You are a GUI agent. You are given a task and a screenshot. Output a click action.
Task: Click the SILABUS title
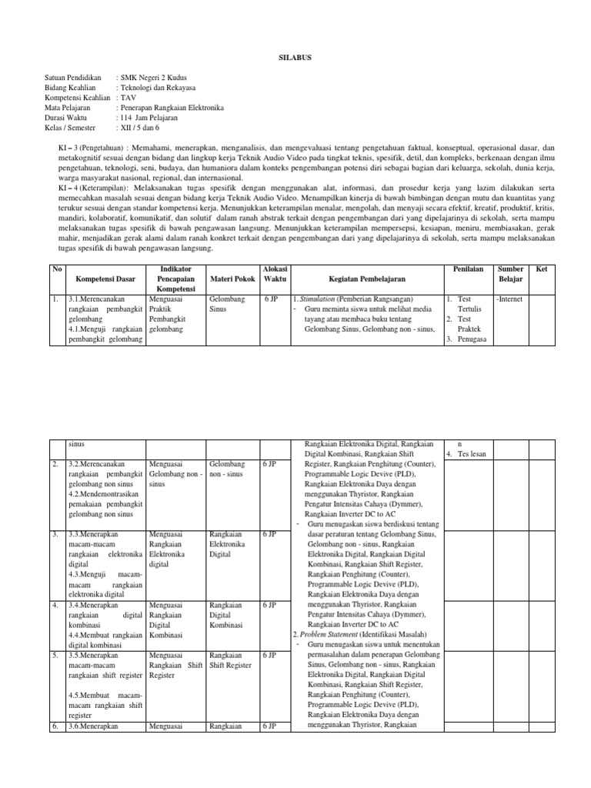[295, 57]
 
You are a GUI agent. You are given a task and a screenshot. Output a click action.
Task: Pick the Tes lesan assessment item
[472, 454]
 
